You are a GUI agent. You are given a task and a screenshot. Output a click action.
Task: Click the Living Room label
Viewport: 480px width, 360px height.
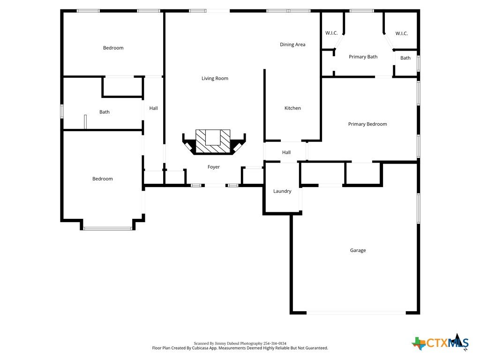(215, 78)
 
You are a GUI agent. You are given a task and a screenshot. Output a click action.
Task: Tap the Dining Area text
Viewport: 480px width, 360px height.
(292, 45)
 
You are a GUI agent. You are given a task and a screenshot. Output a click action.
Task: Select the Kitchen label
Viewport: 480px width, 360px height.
(292, 108)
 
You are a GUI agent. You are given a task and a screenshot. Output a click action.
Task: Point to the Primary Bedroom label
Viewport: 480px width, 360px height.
(367, 124)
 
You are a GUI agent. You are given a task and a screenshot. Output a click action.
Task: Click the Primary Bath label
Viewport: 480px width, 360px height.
(363, 57)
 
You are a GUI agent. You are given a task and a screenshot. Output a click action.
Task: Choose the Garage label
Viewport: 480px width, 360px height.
(358, 250)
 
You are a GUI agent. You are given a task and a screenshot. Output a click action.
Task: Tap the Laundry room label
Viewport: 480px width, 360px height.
(282, 191)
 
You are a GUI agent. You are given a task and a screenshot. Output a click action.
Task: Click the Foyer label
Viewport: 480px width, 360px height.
(213, 167)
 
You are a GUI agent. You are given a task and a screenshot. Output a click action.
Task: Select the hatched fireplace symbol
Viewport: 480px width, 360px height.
(213, 141)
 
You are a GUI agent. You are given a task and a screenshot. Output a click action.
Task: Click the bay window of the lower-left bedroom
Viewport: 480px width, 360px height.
(108, 228)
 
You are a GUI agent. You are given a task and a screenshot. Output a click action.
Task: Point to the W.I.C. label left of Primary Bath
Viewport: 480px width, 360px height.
(331, 33)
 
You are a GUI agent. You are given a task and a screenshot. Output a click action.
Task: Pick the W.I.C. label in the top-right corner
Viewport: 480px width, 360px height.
(401, 33)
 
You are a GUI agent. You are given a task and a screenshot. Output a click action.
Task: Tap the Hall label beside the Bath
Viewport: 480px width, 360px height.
(153, 108)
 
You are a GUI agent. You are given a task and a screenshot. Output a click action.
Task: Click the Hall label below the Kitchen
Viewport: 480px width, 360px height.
(286, 152)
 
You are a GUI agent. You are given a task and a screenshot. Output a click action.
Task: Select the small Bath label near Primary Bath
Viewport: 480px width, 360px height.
(405, 58)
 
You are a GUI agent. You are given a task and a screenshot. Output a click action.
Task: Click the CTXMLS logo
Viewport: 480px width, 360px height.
(440, 342)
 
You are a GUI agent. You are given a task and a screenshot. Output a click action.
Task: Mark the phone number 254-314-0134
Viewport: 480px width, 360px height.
(275, 344)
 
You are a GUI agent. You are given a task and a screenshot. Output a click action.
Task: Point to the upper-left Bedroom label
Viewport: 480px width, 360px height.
(113, 48)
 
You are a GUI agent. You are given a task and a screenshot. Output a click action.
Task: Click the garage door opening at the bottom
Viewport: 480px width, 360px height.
(356, 313)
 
